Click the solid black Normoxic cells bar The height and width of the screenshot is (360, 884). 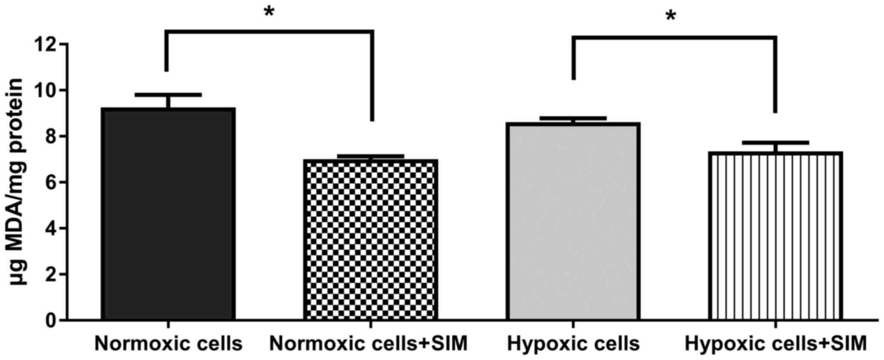click(x=168, y=213)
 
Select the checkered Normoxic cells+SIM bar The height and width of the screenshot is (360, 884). click(x=370, y=239)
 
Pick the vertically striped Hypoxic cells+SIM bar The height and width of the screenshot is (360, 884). click(x=775, y=236)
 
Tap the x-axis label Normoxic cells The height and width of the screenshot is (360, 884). click(x=168, y=344)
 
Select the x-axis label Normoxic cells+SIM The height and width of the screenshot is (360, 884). click(x=368, y=344)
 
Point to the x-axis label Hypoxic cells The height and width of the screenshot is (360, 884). click(x=573, y=344)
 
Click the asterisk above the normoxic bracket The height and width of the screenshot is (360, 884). click(x=269, y=12)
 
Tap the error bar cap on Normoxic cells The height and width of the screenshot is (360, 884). click(x=168, y=94)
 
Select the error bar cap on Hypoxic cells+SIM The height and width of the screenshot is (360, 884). click(x=775, y=142)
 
